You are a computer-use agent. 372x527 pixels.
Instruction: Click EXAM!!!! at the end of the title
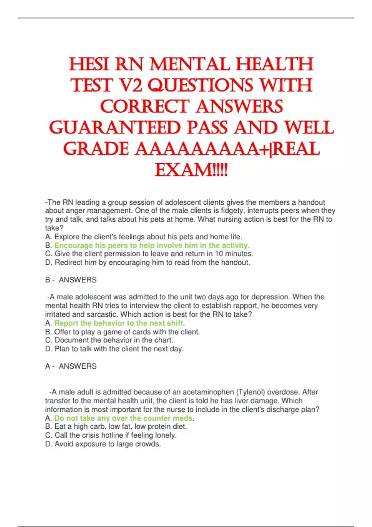pyautogui.click(x=191, y=170)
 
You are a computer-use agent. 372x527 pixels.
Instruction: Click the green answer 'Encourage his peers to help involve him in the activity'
pyautogui.click(x=151, y=246)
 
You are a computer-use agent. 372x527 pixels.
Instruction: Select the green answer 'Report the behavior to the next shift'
pyautogui.click(x=118, y=323)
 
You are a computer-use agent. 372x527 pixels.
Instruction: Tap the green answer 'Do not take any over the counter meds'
pyautogui.click(x=123, y=418)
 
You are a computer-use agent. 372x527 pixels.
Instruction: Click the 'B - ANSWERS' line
pyautogui.click(x=71, y=280)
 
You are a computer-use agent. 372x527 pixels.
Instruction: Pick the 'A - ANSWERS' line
pyautogui.click(x=71, y=366)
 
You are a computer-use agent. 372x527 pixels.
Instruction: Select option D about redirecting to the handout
pyautogui.click(x=148, y=263)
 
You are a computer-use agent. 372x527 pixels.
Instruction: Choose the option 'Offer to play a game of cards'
pyautogui.click(x=123, y=332)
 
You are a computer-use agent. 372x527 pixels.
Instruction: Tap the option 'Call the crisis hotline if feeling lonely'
pyautogui.click(x=111, y=435)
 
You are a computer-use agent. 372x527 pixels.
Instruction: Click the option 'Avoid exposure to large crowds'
pyautogui.click(x=103, y=444)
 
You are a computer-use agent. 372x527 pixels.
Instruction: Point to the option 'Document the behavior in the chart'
pyautogui.click(x=109, y=340)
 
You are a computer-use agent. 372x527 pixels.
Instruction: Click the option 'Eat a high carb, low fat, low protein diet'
pyautogui.click(x=116, y=427)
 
